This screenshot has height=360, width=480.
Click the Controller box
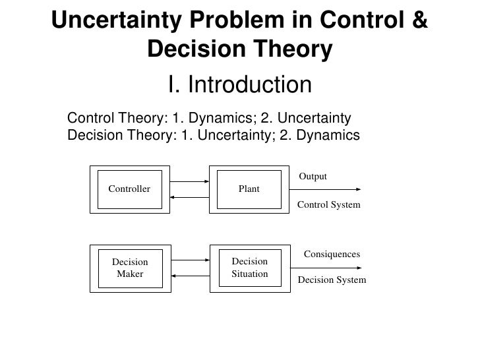tap(129, 189)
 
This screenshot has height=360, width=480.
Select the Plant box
tap(249, 189)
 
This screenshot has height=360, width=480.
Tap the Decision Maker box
tap(129, 268)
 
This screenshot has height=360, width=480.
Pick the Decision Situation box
tap(249, 268)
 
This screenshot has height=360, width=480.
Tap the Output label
tap(313, 177)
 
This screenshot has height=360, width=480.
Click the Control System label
tap(329, 204)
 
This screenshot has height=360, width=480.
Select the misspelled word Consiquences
tap(332, 254)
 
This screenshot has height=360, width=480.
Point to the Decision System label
tap(332, 280)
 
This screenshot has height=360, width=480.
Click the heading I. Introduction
tap(239, 84)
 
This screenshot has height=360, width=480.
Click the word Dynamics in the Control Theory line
tap(222, 119)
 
